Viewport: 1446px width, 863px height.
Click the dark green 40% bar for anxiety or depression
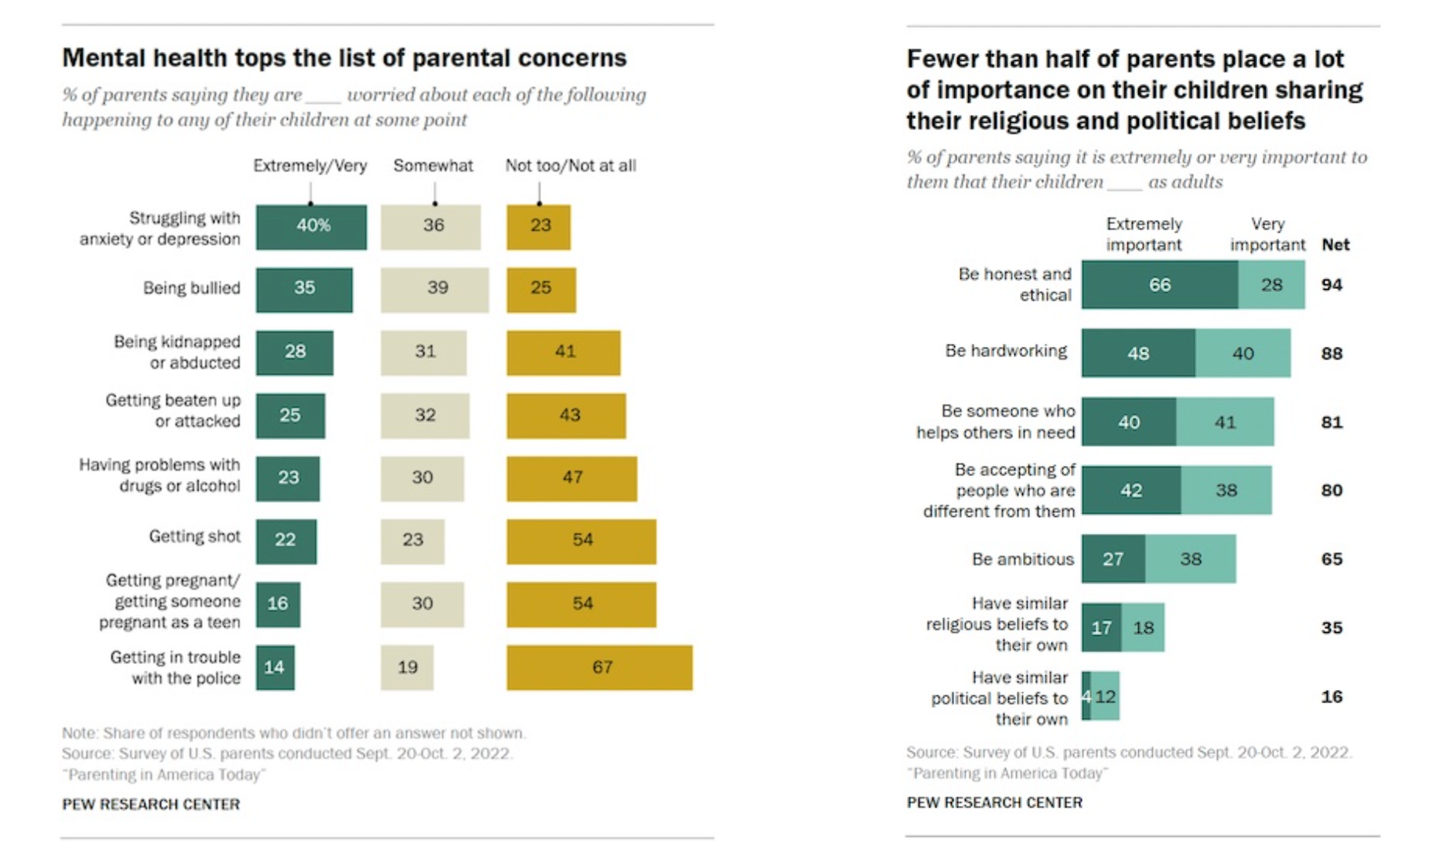(311, 227)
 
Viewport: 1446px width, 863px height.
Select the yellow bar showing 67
(599, 667)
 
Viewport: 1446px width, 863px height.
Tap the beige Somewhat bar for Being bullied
(435, 290)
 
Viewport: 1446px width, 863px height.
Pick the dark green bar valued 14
(275, 667)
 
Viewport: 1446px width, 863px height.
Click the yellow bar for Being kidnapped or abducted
(563, 352)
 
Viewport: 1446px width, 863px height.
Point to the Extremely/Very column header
(309, 166)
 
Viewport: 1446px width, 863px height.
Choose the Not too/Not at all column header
(570, 166)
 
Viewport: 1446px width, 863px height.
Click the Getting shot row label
(194, 536)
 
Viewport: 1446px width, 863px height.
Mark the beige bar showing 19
(407, 667)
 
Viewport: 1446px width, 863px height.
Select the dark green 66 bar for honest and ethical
(1159, 285)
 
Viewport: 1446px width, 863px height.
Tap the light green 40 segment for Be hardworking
(1243, 353)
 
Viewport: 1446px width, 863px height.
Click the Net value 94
(1332, 285)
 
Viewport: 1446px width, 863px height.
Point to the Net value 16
(1332, 696)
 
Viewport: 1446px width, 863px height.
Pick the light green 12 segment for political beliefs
(1106, 696)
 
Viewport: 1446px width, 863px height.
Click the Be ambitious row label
(1022, 559)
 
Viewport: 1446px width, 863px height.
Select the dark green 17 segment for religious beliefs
(1101, 627)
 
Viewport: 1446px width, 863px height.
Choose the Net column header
(1336, 245)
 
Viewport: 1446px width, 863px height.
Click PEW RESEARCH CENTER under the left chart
(151, 804)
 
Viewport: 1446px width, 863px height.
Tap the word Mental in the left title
(103, 58)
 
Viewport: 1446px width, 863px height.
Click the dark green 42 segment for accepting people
(1131, 490)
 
